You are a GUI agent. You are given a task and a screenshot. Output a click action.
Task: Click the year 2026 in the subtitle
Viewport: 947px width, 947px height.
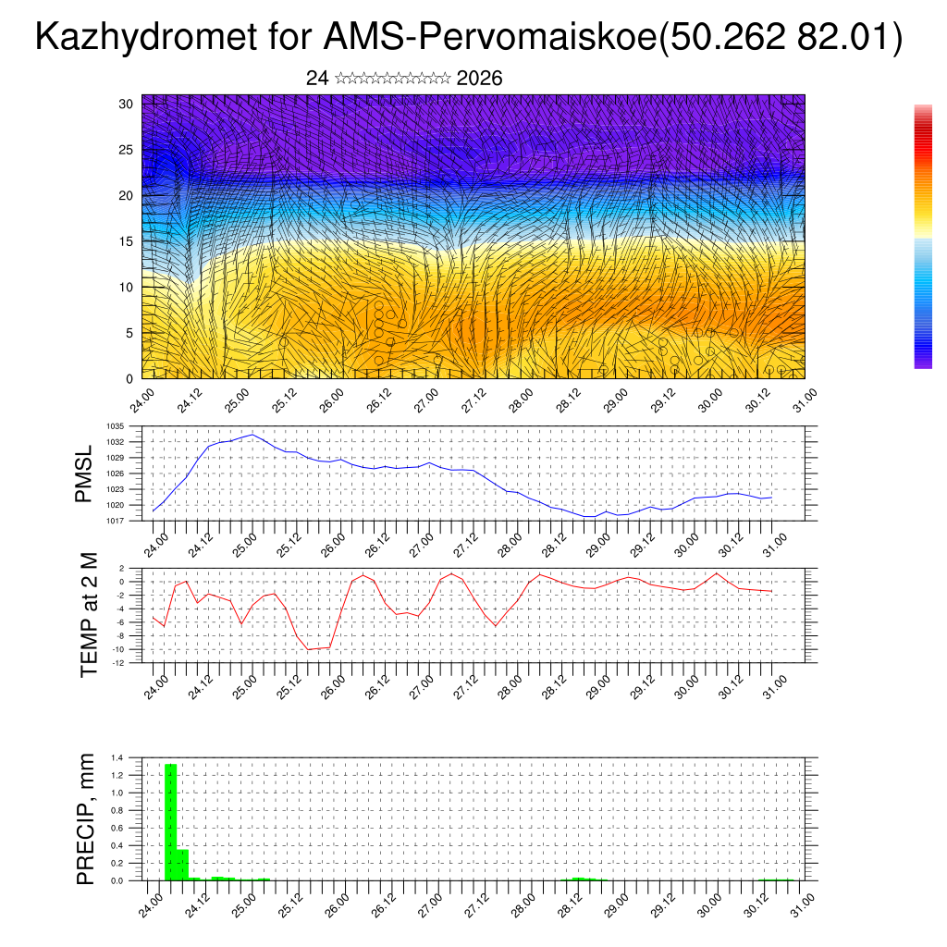point(479,79)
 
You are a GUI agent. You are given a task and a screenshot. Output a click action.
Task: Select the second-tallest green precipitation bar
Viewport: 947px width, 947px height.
point(182,864)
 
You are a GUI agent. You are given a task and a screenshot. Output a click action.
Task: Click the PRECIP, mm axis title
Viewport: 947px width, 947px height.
point(86,818)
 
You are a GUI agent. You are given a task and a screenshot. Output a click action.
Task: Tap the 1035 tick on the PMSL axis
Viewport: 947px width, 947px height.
point(115,426)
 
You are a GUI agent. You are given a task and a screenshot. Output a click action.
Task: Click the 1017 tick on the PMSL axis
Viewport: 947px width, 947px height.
point(115,521)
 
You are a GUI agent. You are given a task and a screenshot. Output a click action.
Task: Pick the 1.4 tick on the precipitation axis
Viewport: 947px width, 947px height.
point(117,758)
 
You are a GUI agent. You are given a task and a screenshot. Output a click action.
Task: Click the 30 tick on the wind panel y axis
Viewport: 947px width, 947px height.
point(127,104)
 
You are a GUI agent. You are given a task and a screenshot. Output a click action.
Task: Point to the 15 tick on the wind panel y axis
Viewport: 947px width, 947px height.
point(127,241)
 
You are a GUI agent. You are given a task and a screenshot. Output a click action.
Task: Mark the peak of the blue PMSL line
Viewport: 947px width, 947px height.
point(252,434)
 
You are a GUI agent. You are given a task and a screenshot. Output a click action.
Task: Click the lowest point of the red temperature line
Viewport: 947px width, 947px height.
point(309,649)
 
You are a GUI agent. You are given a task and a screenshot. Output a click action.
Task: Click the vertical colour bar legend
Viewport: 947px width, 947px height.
point(923,237)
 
